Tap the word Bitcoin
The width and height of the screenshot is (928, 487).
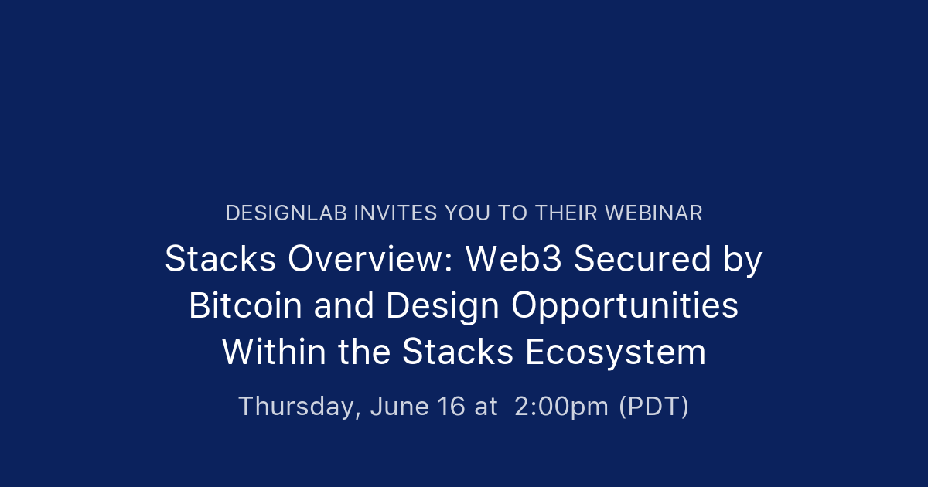click(x=245, y=306)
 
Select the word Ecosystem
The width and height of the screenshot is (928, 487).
click(x=616, y=352)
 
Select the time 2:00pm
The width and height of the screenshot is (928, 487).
click(x=561, y=407)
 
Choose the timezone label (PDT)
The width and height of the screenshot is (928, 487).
click(x=653, y=407)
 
